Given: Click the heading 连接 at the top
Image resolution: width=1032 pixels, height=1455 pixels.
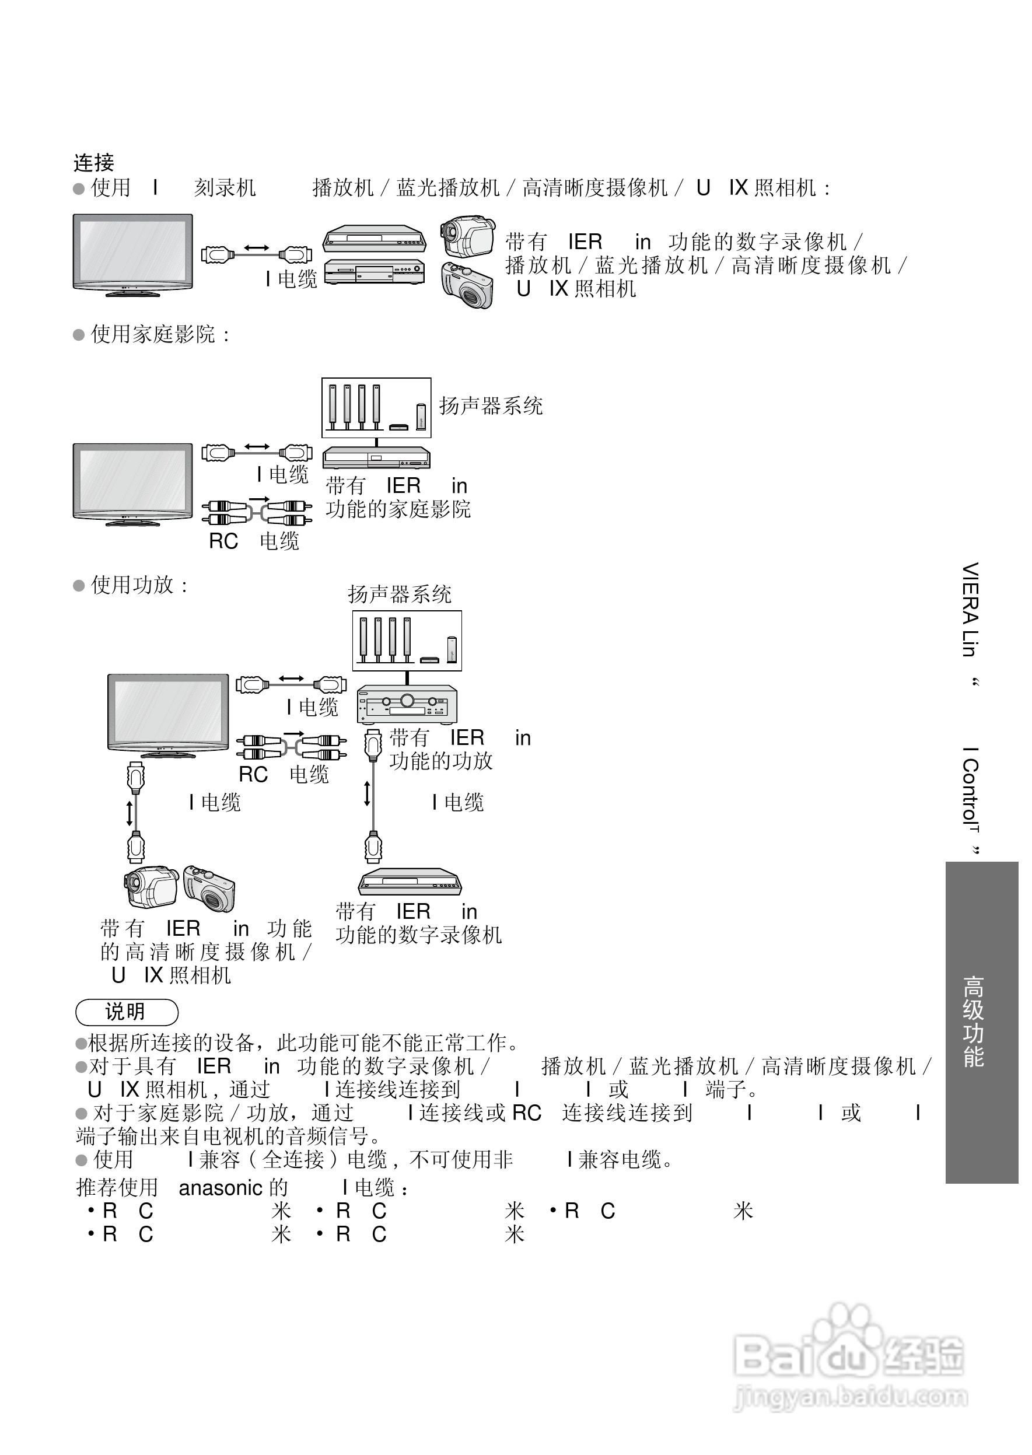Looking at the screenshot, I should [x=93, y=163].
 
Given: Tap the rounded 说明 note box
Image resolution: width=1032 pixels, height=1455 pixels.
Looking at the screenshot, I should [x=127, y=1012].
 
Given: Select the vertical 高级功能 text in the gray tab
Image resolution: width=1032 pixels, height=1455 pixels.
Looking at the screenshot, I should [x=973, y=1022].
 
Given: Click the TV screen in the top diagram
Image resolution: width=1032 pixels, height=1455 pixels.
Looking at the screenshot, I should [x=133, y=250].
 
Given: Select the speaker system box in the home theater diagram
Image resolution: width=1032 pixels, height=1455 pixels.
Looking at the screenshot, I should [x=376, y=407].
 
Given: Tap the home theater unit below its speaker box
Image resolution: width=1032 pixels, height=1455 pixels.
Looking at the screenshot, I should [x=376, y=457].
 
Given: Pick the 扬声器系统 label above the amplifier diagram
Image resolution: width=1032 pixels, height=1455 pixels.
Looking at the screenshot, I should [x=399, y=594].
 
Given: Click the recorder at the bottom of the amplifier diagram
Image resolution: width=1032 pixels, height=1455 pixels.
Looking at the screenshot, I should [x=410, y=882].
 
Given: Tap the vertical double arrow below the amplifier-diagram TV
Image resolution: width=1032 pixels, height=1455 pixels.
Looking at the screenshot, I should [x=130, y=813].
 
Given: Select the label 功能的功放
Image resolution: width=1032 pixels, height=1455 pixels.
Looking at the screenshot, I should [x=441, y=761].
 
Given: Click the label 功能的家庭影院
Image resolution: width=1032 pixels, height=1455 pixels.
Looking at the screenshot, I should [x=398, y=509].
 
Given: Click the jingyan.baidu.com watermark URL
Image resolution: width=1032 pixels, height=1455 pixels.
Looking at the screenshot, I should [x=850, y=1397].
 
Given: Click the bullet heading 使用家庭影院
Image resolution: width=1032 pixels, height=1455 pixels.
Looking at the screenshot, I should [x=152, y=334].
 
